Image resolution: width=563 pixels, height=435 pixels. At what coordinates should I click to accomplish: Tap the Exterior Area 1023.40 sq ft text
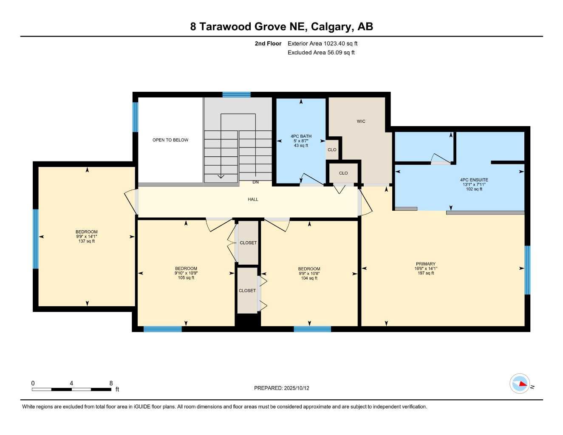click(323, 43)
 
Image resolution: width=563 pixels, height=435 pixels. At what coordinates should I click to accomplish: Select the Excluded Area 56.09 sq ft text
click(321, 53)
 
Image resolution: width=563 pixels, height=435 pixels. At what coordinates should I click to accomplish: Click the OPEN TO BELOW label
click(170, 140)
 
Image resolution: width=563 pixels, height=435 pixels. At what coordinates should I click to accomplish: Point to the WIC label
click(361, 121)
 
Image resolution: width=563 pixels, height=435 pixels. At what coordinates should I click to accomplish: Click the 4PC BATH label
click(301, 136)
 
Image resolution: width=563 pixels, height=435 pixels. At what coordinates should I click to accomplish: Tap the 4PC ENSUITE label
click(474, 180)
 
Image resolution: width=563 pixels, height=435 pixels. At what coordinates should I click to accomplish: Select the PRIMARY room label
click(425, 264)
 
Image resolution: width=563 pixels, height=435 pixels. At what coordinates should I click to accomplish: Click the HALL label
click(253, 199)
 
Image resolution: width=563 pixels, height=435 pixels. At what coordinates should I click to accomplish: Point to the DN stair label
click(255, 182)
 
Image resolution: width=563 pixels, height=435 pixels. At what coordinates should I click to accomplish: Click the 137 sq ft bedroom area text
click(87, 241)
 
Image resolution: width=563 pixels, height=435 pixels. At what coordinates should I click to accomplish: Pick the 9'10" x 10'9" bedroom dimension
click(186, 273)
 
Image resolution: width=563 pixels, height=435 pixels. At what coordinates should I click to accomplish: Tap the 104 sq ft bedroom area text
click(309, 278)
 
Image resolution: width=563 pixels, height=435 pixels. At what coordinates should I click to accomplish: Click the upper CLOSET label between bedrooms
click(248, 243)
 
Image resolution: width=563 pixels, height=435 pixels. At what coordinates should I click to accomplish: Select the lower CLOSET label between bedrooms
click(247, 291)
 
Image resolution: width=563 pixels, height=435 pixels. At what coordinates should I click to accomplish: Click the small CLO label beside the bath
click(332, 150)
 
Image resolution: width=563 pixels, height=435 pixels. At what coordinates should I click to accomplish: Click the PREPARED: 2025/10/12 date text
click(281, 388)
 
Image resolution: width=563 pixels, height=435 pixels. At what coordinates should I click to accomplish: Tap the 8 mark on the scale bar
click(111, 383)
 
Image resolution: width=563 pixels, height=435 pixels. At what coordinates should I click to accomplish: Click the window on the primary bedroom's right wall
click(527, 270)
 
